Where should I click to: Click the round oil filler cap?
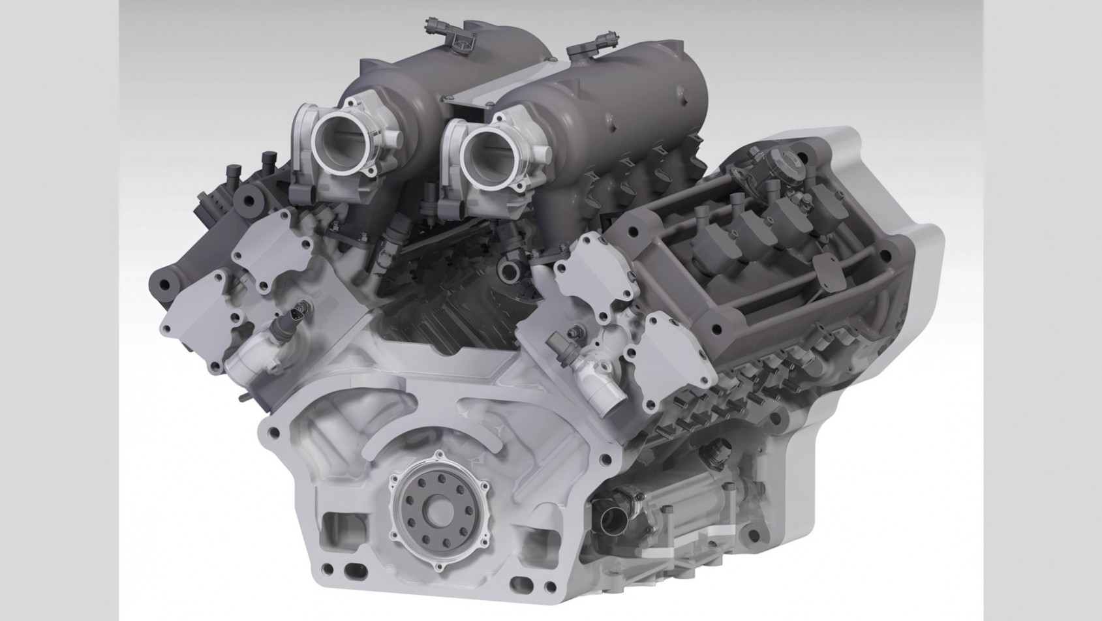[x=780, y=160]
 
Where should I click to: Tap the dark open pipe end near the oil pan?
[x=613, y=519]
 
